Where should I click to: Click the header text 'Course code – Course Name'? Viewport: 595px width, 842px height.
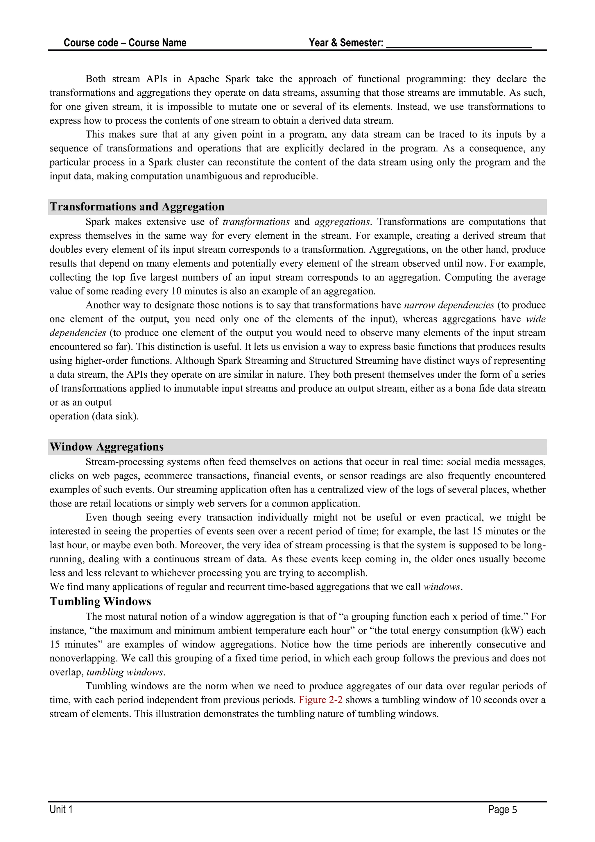(125, 43)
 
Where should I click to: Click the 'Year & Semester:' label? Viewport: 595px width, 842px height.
(346, 43)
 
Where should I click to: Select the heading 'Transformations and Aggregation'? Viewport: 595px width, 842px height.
(137, 207)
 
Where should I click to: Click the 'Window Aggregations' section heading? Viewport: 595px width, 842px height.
(107, 447)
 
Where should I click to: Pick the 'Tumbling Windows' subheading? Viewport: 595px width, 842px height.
(101, 602)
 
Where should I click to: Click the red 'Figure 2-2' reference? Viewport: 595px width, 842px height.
(320, 700)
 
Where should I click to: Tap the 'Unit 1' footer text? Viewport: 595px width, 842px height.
(61, 809)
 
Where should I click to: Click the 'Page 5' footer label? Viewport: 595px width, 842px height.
(502, 809)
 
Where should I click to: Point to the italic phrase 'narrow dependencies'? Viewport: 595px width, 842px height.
(449, 305)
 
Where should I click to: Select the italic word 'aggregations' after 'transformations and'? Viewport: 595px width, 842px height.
(342, 222)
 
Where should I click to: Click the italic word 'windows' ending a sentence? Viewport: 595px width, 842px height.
(442, 587)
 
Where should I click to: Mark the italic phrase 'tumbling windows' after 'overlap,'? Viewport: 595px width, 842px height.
(125, 672)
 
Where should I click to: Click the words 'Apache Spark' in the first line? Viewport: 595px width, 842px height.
(218, 79)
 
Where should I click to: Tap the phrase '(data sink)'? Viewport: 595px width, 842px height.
(116, 416)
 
